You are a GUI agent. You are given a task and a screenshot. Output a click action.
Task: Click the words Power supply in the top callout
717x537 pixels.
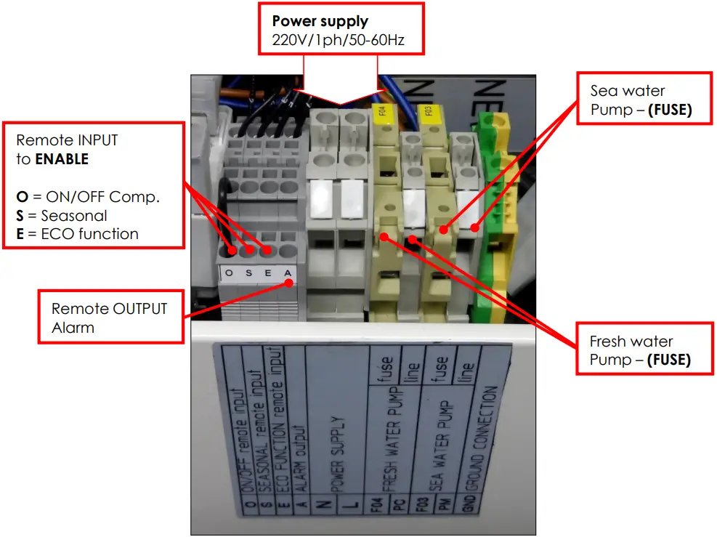[320, 21]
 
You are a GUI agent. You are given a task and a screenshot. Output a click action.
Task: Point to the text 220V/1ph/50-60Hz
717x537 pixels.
[338, 41]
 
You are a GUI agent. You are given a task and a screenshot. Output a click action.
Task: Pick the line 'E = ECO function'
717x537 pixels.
[77, 234]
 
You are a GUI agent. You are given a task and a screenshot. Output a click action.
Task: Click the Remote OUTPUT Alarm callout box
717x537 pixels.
[110, 318]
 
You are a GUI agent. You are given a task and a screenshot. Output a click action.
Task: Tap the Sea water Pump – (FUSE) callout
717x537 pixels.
[642, 100]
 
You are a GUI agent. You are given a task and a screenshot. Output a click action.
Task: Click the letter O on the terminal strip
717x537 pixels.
[230, 273]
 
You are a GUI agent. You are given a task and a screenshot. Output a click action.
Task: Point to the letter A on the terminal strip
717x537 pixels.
[288, 273]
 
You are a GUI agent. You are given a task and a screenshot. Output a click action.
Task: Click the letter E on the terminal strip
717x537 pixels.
[268, 273]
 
